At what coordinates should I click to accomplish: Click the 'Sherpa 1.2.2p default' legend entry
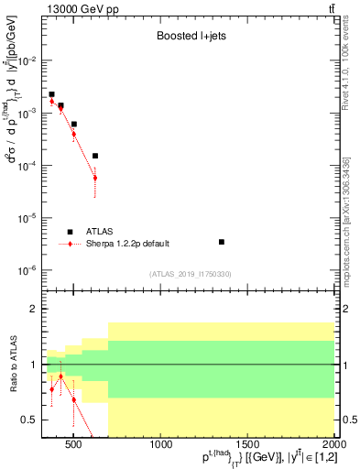coord(127,244)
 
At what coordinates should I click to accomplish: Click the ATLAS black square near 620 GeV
coord(94,156)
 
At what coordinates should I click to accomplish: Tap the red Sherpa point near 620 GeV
coord(94,178)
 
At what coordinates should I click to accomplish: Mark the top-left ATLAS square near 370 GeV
coord(52,94)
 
